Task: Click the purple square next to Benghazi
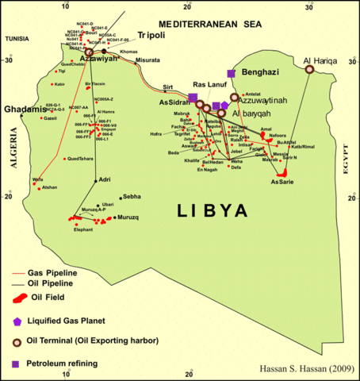(231, 72)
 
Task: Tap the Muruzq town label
(128, 217)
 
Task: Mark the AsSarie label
(282, 182)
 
